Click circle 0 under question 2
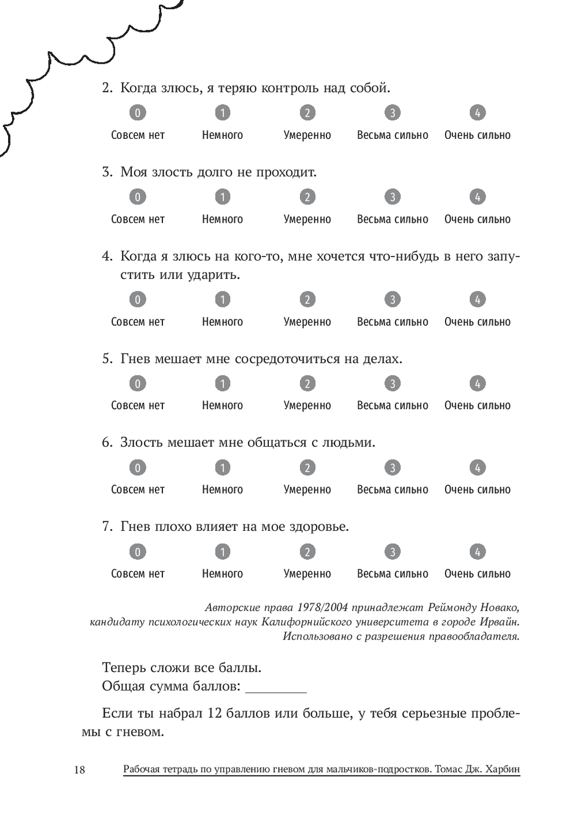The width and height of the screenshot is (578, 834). click(x=138, y=113)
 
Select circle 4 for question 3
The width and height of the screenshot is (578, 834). click(x=477, y=197)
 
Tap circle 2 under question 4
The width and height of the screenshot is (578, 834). click(x=307, y=299)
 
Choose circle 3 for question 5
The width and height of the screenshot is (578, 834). click(x=392, y=383)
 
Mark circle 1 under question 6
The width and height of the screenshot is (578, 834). click(x=223, y=467)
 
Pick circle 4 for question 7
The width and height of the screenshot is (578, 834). click(x=477, y=552)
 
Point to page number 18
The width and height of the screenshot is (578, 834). click(x=80, y=770)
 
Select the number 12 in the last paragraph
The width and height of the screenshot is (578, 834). click(x=214, y=713)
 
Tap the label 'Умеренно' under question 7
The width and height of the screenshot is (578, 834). click(x=307, y=574)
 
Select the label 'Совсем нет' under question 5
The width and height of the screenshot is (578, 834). click(x=138, y=406)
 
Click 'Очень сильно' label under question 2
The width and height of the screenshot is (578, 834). click(x=477, y=135)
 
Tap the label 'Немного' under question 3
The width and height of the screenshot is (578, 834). click(x=223, y=219)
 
